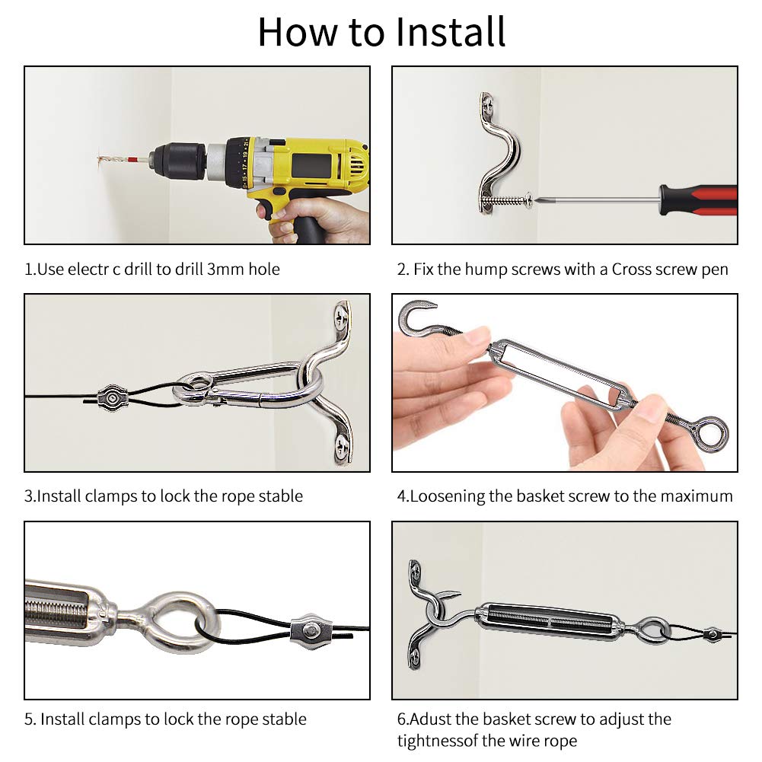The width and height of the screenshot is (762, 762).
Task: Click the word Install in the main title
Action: [451, 32]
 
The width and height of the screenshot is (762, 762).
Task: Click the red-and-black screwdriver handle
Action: [698, 199]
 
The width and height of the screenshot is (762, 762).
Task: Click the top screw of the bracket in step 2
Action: [487, 104]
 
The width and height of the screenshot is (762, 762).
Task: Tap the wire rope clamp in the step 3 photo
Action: [112, 398]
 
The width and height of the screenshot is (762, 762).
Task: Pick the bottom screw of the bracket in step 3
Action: [342, 445]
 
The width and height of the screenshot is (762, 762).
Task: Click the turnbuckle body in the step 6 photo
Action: [550, 620]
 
